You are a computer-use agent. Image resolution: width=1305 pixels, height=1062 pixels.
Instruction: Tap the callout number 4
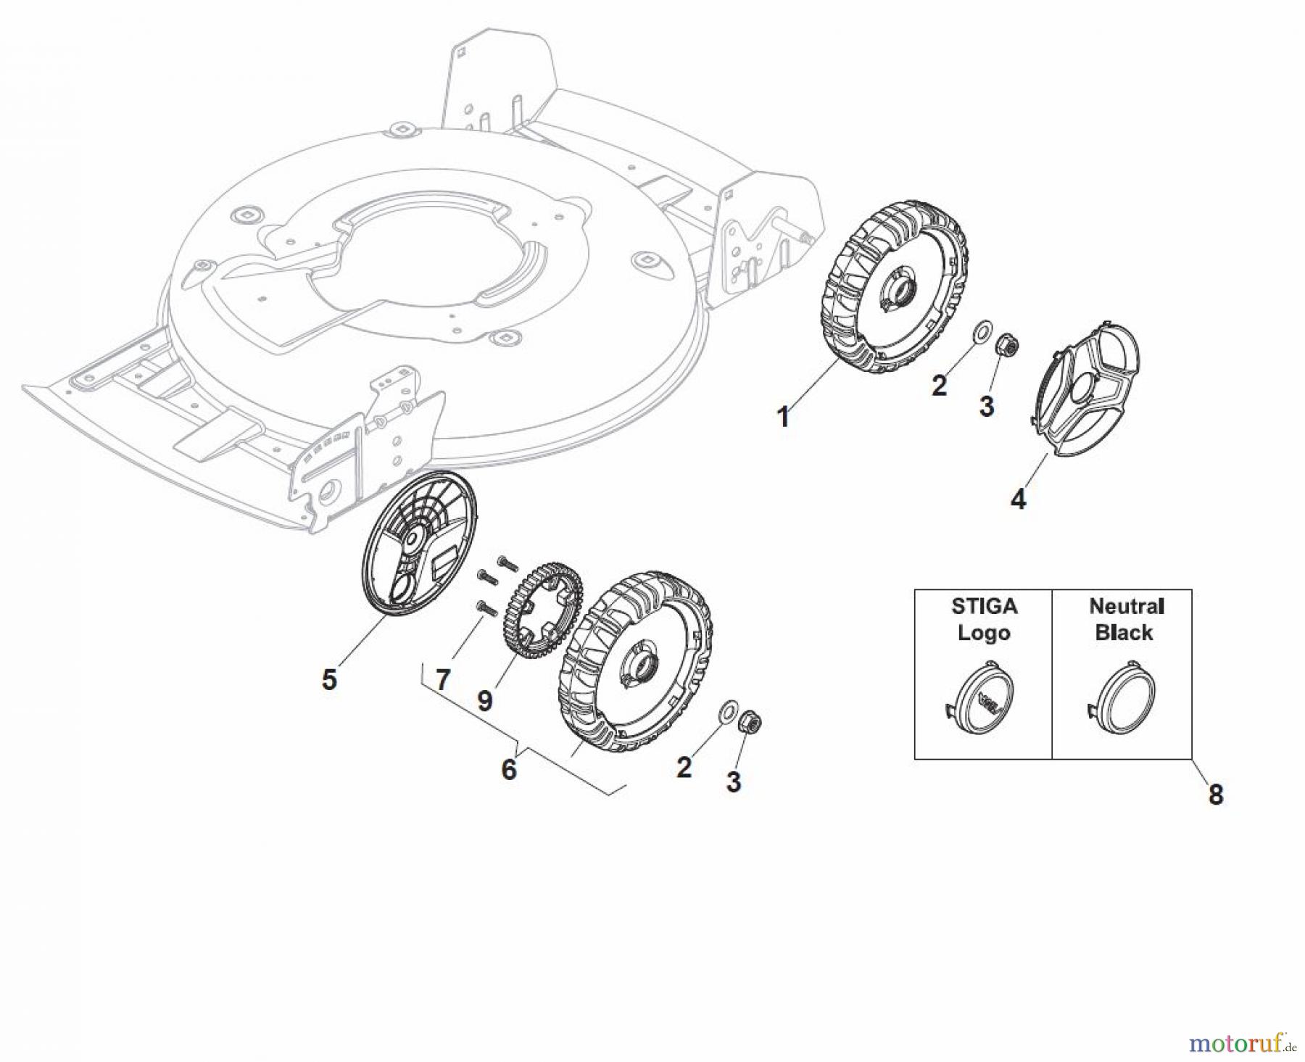coord(1018,499)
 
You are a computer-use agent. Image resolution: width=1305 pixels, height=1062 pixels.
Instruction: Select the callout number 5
coord(329,679)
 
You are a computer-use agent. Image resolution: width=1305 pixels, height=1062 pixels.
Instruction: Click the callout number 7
coord(442,680)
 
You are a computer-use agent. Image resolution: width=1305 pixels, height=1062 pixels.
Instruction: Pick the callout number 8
coord(1216,795)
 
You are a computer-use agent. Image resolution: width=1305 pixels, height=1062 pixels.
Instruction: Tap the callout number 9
coord(485,700)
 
